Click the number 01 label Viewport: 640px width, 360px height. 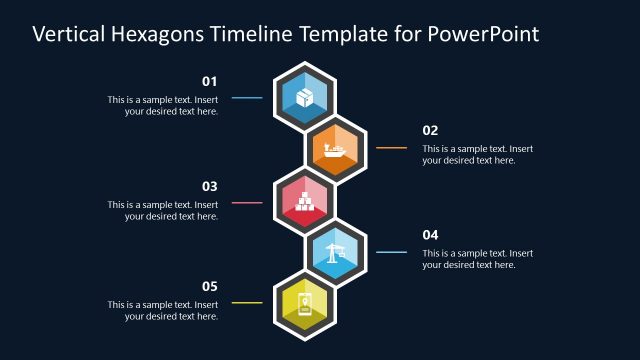coord(210,81)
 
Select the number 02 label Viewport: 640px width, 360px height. coord(430,130)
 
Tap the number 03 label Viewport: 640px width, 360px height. coord(210,186)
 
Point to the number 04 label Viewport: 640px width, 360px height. coord(430,235)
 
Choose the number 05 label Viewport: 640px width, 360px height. coord(210,285)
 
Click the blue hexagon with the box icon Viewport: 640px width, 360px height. coord(305,97)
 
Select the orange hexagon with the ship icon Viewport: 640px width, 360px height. coord(336,150)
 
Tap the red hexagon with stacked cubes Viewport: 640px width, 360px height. coord(305,202)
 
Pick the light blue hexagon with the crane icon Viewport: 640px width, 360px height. coord(336,254)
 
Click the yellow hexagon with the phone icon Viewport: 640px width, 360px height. coord(305,305)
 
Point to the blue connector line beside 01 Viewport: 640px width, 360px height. coord(247,98)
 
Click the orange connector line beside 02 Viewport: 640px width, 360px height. coord(391,148)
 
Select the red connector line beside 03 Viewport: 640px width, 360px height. coord(247,203)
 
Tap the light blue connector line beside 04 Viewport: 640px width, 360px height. coord(391,252)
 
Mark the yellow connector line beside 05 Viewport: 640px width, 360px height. coord(247,302)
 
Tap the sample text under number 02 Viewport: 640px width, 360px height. coord(477,154)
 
